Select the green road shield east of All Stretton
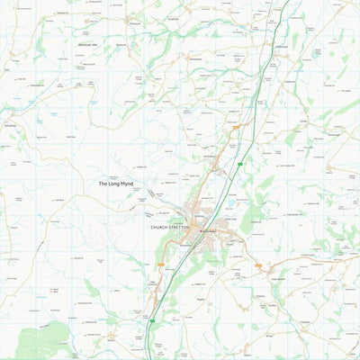(x=240, y=164)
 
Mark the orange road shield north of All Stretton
(x=236, y=128)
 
